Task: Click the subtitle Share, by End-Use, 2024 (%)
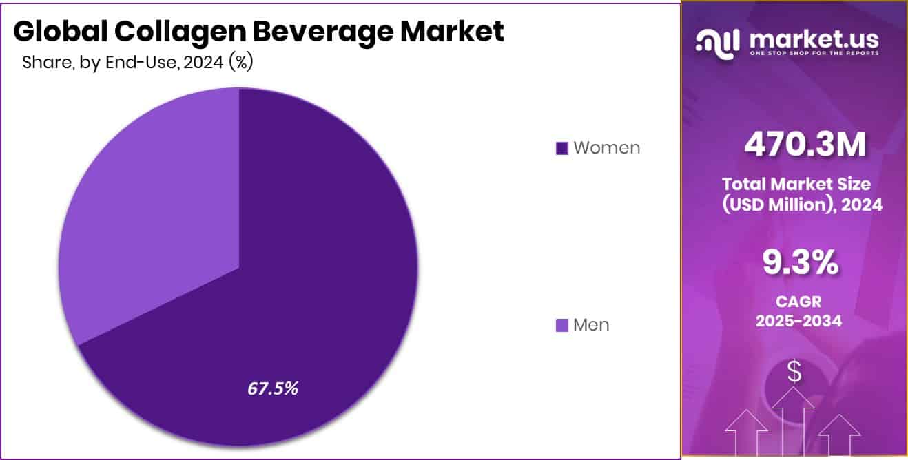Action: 138,63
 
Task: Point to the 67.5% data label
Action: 273,388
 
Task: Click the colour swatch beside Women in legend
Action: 562,148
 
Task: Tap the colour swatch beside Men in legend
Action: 562,325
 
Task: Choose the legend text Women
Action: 606,148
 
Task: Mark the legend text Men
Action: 591,325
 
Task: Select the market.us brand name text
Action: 812,39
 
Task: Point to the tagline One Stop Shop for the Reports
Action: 812,54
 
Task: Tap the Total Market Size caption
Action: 796,185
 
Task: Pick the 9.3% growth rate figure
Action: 799,262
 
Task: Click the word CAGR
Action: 798,302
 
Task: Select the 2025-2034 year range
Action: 798,321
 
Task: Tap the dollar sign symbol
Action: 794,373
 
